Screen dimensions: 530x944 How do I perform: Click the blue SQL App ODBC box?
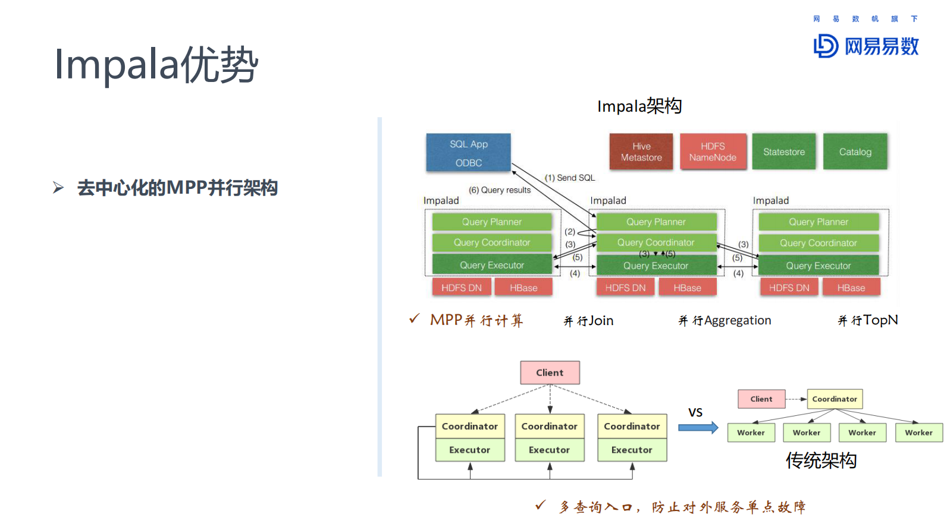coord(468,153)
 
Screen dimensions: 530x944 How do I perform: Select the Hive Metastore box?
coord(641,152)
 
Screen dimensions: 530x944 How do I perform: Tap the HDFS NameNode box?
coord(713,152)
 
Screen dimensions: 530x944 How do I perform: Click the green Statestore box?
coord(783,152)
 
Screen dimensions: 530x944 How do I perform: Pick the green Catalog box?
coord(855,152)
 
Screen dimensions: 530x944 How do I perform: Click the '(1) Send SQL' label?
coord(569,178)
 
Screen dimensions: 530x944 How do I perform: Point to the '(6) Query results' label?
coord(499,190)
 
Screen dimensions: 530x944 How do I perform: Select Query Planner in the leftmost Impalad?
coord(491,222)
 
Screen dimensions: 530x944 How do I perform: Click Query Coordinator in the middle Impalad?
coord(656,242)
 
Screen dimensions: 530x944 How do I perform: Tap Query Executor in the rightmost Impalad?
coord(818,266)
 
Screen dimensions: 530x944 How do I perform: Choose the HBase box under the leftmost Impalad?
coord(523,288)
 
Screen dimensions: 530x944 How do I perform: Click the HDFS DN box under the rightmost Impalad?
coord(789,288)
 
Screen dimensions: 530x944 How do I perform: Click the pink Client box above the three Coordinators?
coord(550,373)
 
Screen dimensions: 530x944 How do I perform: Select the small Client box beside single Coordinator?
coord(761,399)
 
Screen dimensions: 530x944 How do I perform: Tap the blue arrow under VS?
coord(698,428)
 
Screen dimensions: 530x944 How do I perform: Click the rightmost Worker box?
coord(918,433)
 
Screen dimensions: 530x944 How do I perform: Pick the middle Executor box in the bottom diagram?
coord(549,450)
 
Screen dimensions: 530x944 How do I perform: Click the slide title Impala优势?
coord(156,64)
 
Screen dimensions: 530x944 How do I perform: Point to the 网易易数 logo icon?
coord(826,46)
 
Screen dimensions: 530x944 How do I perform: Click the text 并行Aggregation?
coord(725,321)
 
